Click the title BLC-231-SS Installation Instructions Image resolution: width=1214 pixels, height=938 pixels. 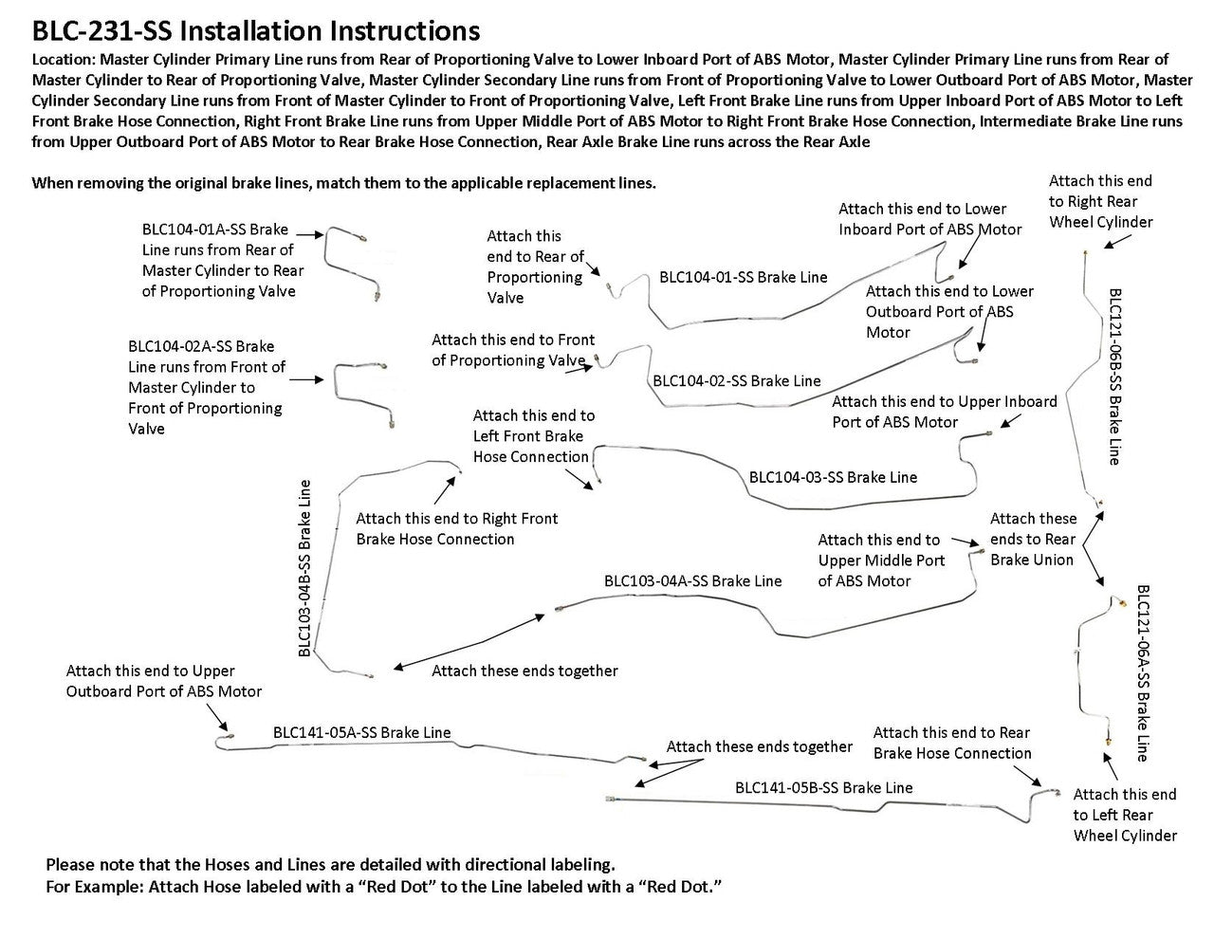click(x=256, y=31)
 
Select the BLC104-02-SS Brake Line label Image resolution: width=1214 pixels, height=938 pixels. click(x=736, y=381)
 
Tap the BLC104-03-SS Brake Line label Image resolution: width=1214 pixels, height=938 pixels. click(x=833, y=477)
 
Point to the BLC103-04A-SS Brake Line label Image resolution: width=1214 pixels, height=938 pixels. click(x=692, y=580)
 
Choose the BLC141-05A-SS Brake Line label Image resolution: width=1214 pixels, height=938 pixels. click(x=361, y=732)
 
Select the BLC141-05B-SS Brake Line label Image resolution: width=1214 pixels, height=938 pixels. click(x=823, y=787)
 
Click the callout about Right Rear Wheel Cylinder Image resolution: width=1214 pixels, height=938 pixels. click(x=1100, y=201)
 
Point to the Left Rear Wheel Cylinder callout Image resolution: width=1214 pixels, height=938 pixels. click(x=1125, y=815)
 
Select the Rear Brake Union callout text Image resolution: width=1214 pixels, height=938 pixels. click(x=1033, y=539)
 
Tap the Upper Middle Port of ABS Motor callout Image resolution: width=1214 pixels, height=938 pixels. click(x=881, y=561)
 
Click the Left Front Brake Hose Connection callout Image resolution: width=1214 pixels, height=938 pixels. click(x=533, y=436)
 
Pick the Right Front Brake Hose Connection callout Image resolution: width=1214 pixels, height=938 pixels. click(x=456, y=528)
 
